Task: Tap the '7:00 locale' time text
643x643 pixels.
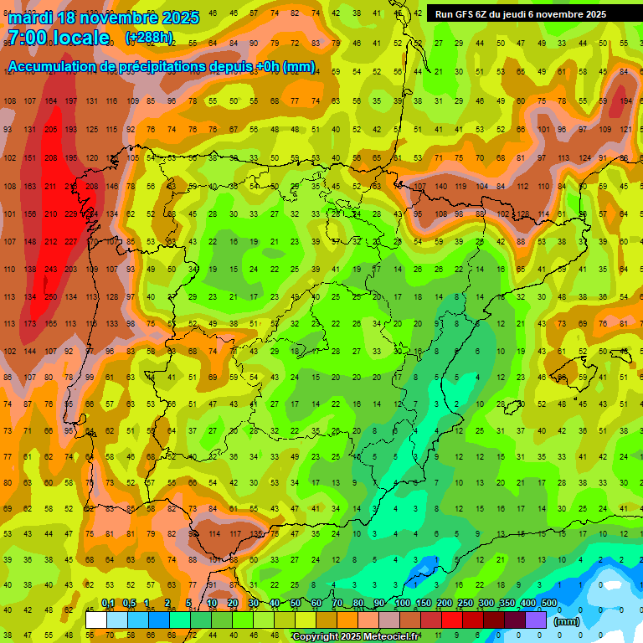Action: (59, 38)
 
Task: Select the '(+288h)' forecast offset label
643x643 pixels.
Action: (149, 38)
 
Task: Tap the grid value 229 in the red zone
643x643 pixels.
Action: (71, 214)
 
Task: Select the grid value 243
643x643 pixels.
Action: (50, 270)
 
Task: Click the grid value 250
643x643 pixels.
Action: (50, 297)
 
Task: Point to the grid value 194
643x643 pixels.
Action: (625, 101)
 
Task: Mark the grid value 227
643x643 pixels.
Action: (71, 242)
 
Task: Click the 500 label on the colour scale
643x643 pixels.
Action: (548, 603)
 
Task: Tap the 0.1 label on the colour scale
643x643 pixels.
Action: (107, 603)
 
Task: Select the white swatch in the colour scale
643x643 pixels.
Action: (96, 620)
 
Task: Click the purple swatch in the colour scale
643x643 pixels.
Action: (537, 620)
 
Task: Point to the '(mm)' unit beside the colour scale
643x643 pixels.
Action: (567, 621)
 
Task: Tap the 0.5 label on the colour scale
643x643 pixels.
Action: (128, 603)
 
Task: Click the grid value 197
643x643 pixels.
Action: (71, 101)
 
